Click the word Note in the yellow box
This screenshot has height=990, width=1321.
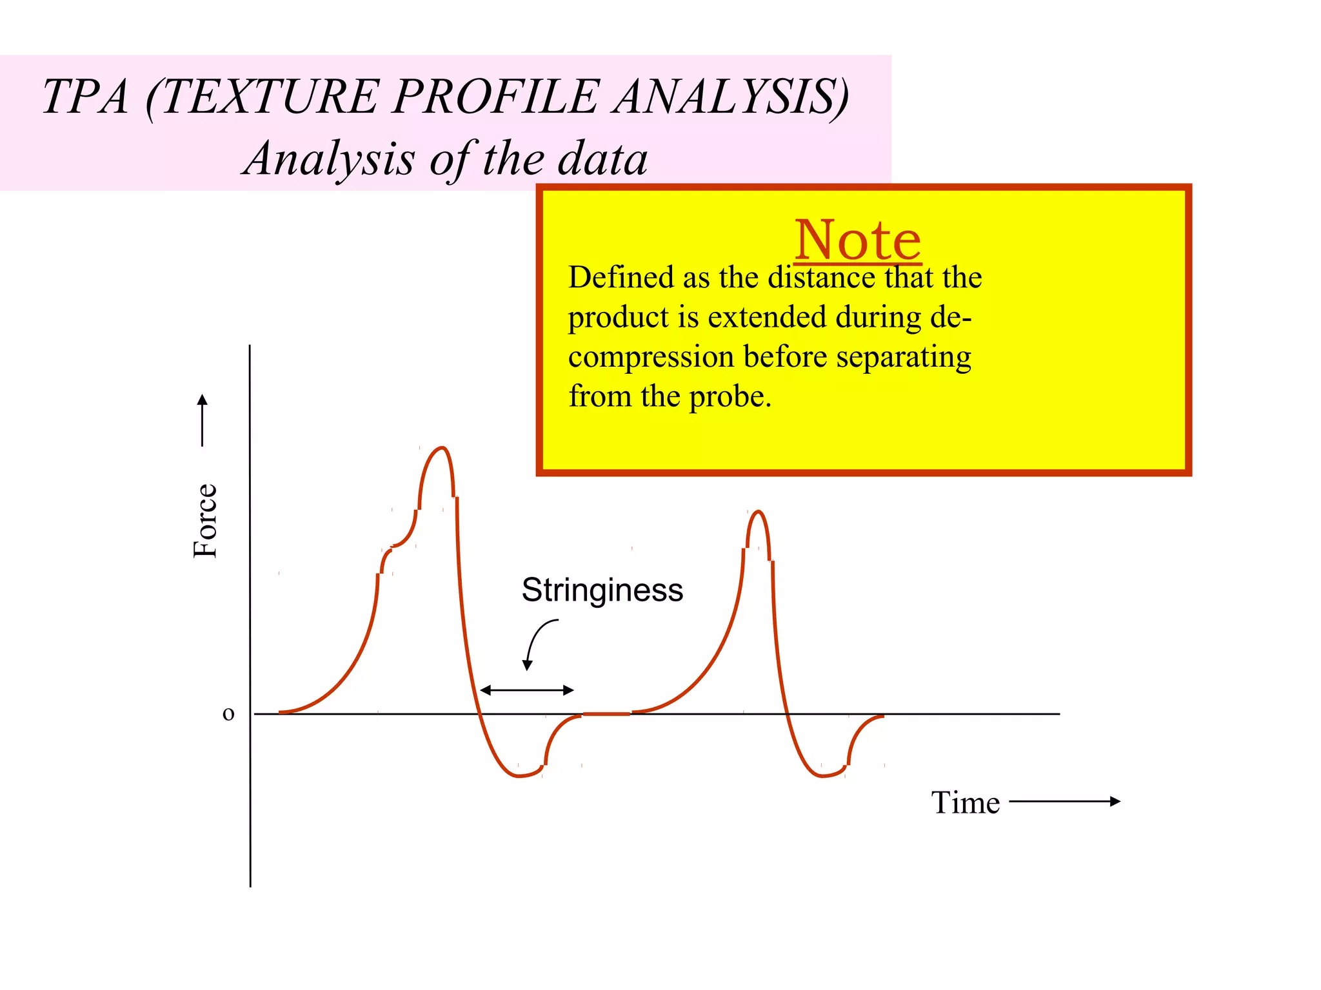(x=857, y=240)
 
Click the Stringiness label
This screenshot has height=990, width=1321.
(x=602, y=590)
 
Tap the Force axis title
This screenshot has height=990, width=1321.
(x=206, y=521)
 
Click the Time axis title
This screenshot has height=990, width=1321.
(x=965, y=803)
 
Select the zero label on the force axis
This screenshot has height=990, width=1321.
(x=228, y=713)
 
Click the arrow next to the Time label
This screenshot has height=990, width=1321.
(x=1064, y=801)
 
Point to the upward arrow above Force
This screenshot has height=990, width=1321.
(x=203, y=420)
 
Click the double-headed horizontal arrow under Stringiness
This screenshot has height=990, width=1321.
(x=527, y=690)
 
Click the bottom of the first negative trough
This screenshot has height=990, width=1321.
(x=519, y=776)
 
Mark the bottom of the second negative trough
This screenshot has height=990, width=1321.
(x=822, y=776)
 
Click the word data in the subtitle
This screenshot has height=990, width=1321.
(x=602, y=159)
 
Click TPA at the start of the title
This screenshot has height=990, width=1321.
(x=86, y=97)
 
